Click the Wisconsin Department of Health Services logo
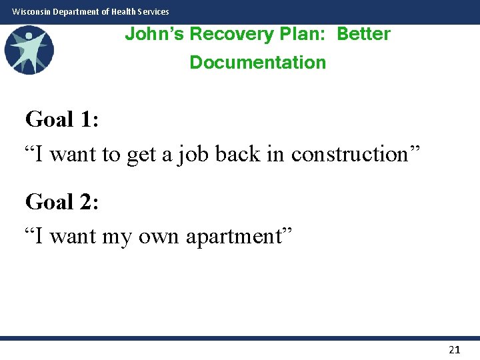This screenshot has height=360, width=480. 29,50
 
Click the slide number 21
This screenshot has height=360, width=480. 455,349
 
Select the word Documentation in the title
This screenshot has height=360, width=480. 258,63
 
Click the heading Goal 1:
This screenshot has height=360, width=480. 62,119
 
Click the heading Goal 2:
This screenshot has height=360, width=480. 62,201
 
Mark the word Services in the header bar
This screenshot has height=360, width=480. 153,11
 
